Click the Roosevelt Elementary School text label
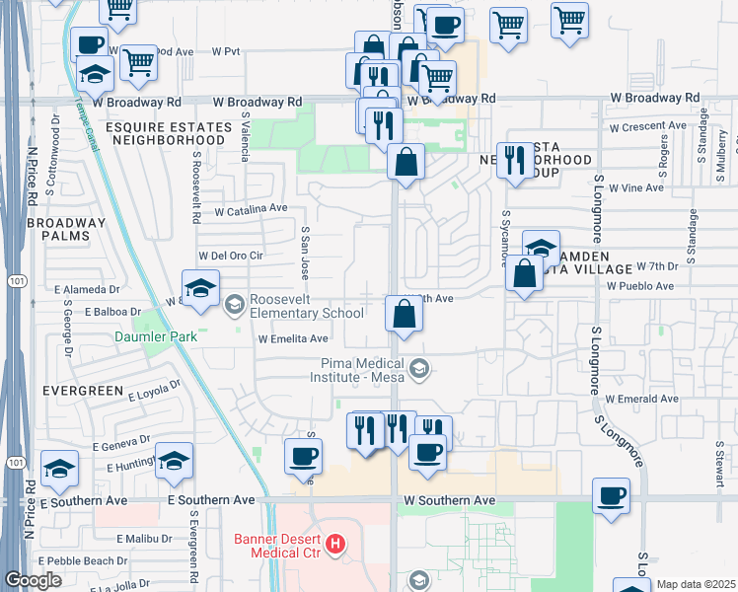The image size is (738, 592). click(308, 307)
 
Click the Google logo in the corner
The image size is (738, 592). click(33, 580)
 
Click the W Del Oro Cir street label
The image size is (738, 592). click(232, 255)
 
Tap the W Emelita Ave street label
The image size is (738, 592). click(293, 338)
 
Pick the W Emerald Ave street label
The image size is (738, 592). click(642, 399)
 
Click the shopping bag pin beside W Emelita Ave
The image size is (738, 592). click(404, 315)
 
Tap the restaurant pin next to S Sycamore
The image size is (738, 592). click(513, 160)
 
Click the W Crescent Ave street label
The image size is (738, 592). click(647, 126)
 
